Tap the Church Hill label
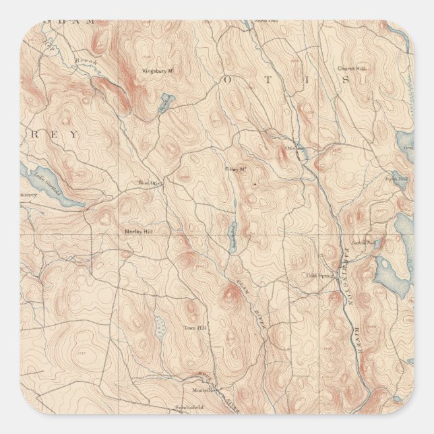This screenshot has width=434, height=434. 351,68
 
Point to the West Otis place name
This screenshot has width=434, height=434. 149,182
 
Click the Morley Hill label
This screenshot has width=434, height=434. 139,231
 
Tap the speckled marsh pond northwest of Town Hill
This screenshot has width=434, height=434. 160,328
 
